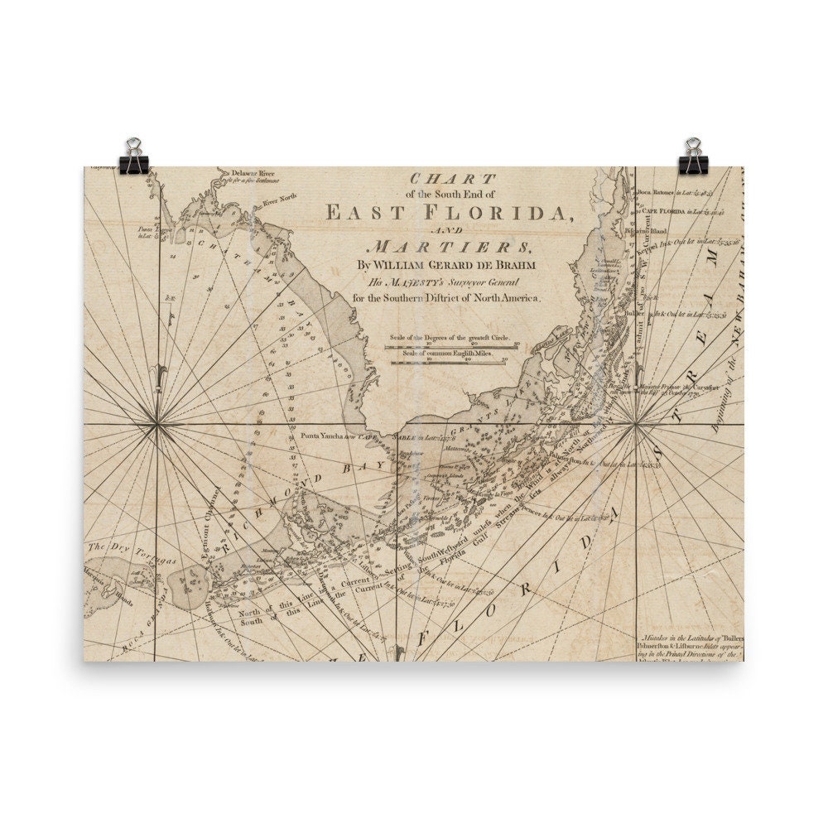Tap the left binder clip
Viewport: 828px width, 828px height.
click(x=132, y=157)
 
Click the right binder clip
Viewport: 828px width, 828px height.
click(x=693, y=157)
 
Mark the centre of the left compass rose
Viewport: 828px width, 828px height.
click(x=156, y=425)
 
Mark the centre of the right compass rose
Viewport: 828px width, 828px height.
click(x=634, y=426)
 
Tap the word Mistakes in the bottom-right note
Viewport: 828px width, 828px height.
click(x=660, y=638)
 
